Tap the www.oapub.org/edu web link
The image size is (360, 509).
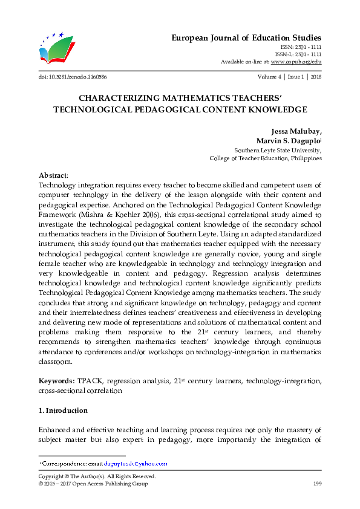(296, 62)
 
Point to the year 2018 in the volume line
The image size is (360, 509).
(315, 77)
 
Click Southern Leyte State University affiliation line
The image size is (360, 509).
(278, 150)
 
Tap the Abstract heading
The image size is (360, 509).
(53, 175)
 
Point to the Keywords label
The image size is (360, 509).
(56, 381)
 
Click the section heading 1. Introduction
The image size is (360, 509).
(63, 410)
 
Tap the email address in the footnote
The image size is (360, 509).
(136, 463)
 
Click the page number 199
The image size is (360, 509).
(316, 484)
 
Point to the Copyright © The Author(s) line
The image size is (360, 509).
(97, 476)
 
